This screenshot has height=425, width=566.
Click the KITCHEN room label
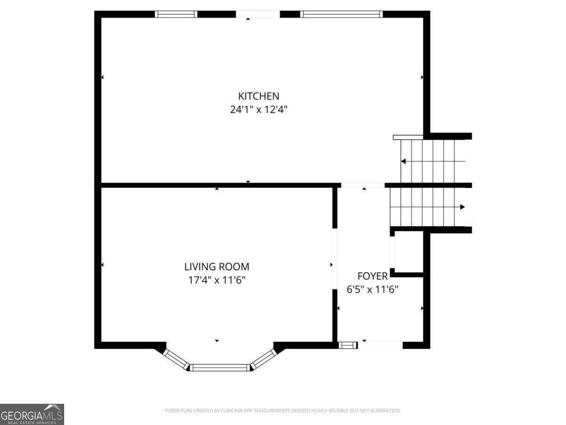pyautogui.click(x=258, y=96)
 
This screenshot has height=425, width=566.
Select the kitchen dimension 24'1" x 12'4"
pyautogui.click(x=258, y=110)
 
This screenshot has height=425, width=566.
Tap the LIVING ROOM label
pyautogui.click(x=216, y=267)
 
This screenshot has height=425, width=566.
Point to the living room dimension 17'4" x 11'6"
pyautogui.click(x=216, y=280)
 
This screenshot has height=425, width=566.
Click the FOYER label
pyautogui.click(x=372, y=276)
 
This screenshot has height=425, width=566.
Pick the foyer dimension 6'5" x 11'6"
pyautogui.click(x=372, y=289)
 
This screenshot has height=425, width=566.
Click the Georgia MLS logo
pyautogui.click(x=32, y=414)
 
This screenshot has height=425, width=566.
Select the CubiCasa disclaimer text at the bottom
pyautogui.click(x=283, y=411)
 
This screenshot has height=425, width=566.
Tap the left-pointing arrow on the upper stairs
pyautogui.click(x=404, y=161)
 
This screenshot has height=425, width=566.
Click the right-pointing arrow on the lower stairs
pyautogui.click(x=462, y=207)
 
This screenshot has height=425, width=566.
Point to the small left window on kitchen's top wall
pyautogui.click(x=176, y=14)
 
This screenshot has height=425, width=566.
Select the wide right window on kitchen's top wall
pyautogui.click(x=341, y=14)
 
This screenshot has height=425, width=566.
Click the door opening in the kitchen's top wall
pyautogui.click(x=258, y=14)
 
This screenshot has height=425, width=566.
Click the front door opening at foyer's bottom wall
pyautogui.click(x=380, y=345)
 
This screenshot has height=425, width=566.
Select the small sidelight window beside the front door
pyautogui.click(x=347, y=345)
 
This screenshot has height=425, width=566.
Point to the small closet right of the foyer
pyautogui.click(x=408, y=252)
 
